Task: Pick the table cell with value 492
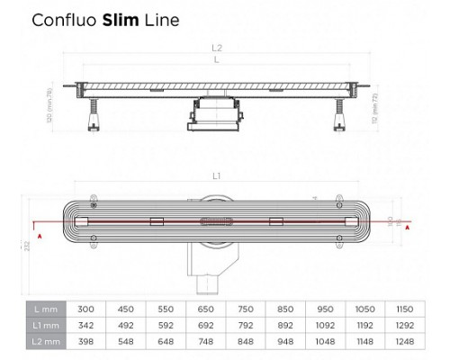tap(126, 325)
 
